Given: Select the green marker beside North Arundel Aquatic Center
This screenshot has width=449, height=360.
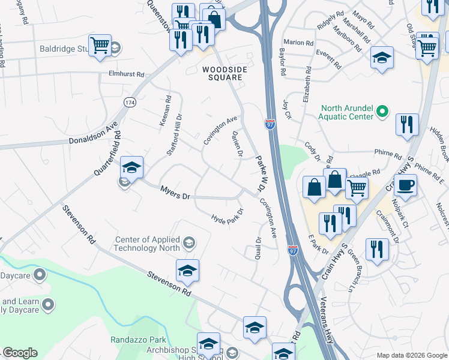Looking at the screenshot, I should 382,112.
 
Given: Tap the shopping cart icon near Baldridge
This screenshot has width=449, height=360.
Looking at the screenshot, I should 100,45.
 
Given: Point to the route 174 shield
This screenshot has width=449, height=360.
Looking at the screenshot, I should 129,103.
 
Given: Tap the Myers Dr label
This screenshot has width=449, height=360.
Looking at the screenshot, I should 175,193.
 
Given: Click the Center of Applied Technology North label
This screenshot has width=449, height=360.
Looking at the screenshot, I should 148,243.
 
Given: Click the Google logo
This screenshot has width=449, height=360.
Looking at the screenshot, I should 20,353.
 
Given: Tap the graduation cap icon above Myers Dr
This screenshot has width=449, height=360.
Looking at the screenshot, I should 131,167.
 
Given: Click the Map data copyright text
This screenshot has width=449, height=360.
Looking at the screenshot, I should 412,355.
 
